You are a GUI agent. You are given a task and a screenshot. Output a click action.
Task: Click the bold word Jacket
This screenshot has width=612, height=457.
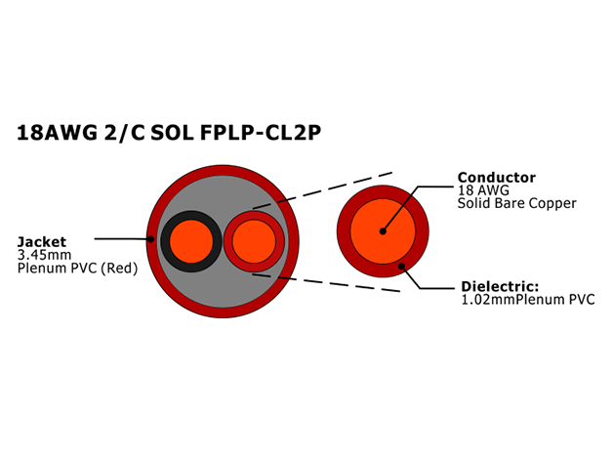(x=42, y=242)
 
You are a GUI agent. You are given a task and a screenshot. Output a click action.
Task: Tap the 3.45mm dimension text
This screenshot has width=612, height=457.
(x=45, y=255)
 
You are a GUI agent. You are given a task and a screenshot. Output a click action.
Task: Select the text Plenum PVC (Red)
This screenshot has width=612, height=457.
(x=78, y=269)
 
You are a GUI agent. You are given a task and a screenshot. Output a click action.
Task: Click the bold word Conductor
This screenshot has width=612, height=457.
(x=497, y=178)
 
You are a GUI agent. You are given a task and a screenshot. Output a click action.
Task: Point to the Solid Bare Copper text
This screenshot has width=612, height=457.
(x=516, y=203)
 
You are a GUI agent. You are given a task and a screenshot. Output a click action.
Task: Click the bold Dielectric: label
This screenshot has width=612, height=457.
(x=500, y=286)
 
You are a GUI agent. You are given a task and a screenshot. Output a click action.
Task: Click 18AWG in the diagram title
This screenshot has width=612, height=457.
(x=57, y=133)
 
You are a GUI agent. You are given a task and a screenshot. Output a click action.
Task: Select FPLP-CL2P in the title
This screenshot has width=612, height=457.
(x=261, y=133)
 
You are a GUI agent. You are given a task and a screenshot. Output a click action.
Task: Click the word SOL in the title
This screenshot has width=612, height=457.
(x=172, y=133)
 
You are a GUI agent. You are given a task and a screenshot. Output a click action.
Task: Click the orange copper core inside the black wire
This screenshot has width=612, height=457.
(x=191, y=241)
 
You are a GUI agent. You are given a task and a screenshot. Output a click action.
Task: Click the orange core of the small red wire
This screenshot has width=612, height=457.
(x=254, y=241)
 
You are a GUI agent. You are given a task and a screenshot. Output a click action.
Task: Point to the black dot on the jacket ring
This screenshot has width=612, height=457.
(x=150, y=239)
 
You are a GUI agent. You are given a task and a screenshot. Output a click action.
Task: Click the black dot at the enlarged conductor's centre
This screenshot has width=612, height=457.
(x=383, y=231)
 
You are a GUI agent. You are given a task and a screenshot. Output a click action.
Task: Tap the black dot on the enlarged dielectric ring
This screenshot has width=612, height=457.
(x=401, y=267)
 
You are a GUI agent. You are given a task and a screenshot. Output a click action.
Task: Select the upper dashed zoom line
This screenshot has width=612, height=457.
(x=322, y=190)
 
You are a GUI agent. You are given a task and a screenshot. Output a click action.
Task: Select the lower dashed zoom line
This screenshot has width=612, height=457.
(x=326, y=282)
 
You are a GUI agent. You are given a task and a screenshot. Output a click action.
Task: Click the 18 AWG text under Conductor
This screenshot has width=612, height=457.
(x=483, y=190)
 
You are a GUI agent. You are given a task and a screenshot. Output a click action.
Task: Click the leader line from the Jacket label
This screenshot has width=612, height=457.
(x=123, y=238)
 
